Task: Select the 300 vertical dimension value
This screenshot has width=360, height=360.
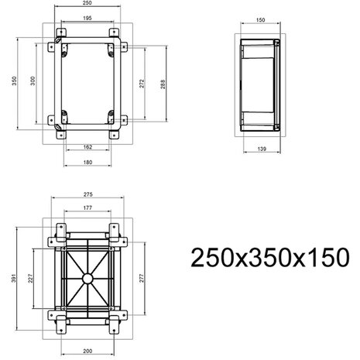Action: [32, 82]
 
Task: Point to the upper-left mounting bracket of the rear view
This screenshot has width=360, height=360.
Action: [56, 231]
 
